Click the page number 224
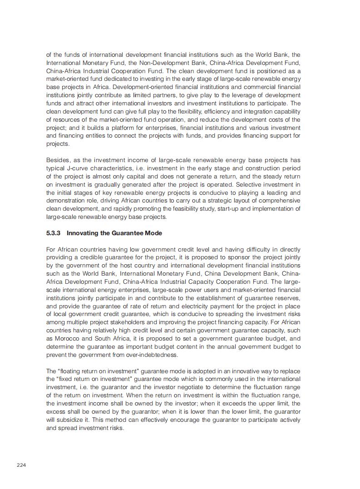21,465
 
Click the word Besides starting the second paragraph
58,160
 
